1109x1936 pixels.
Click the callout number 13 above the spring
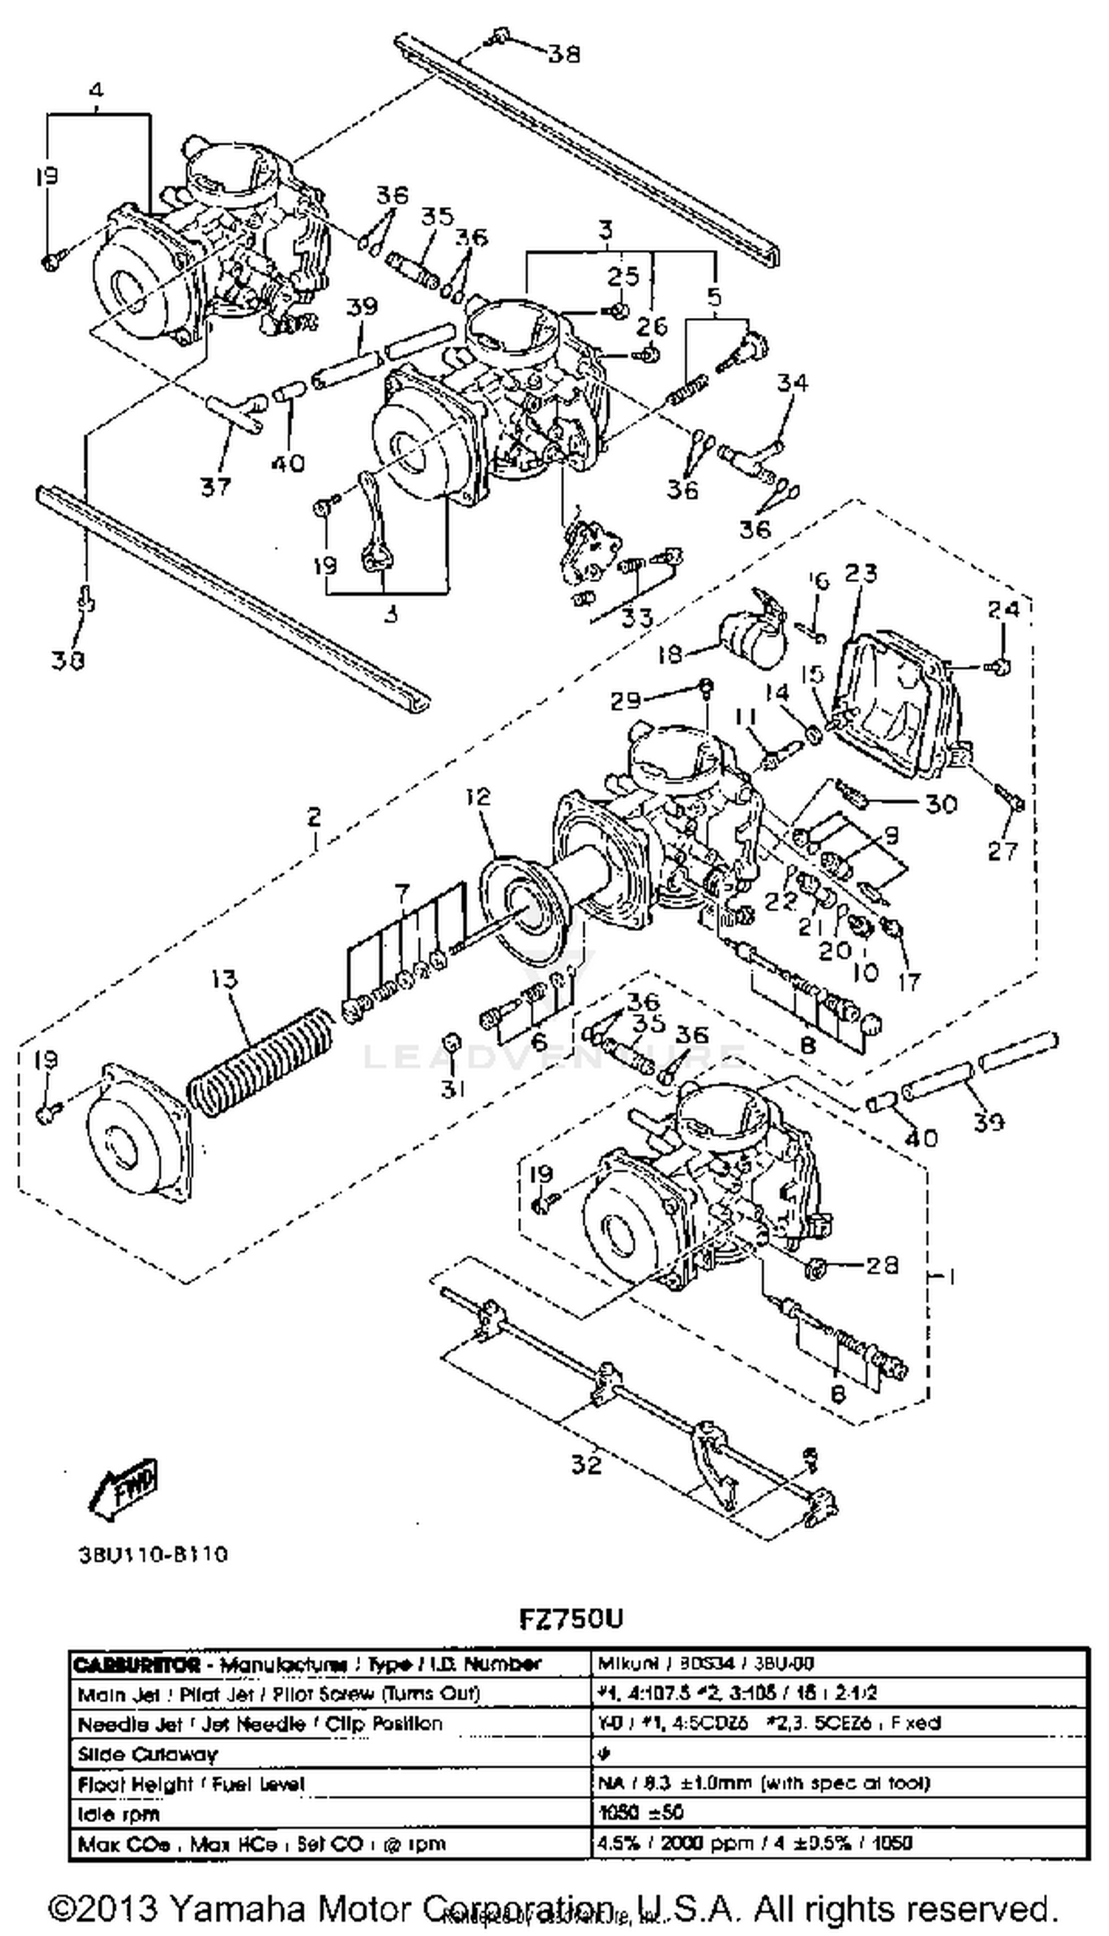[224, 979]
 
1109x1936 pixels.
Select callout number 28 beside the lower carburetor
[883, 1265]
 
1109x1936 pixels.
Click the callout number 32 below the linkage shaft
[586, 1464]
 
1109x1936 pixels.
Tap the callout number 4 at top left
[95, 91]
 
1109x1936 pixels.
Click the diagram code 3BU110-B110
[153, 1554]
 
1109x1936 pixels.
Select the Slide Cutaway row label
[147, 1755]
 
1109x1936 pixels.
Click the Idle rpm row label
[118, 1814]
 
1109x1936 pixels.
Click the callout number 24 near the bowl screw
[1003, 610]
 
